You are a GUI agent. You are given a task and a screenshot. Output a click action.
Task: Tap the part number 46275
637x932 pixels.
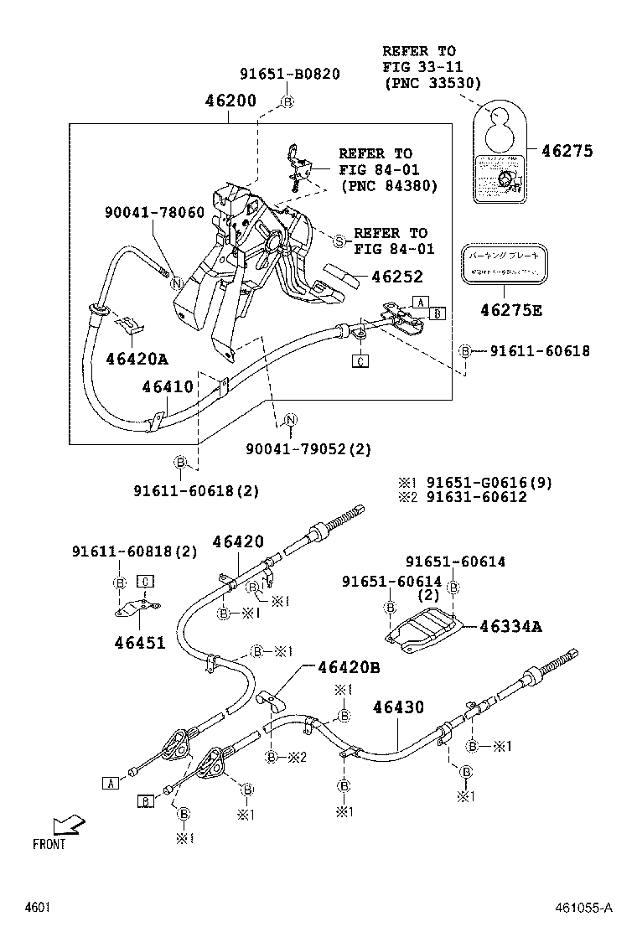pos(567,152)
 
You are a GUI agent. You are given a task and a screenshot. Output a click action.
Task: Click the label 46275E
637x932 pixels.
pos(510,311)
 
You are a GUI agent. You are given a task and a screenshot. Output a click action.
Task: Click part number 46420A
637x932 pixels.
pos(137,360)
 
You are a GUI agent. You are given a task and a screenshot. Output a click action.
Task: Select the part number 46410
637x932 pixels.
pos(167,387)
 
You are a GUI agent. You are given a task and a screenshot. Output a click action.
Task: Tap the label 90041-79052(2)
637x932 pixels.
pos(308,449)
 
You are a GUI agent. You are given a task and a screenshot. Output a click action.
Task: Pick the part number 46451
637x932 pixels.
pos(141,643)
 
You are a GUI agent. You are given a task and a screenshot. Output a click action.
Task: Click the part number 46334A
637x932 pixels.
pos(511,625)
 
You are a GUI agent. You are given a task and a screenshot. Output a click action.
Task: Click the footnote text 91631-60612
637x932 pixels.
pos(476,497)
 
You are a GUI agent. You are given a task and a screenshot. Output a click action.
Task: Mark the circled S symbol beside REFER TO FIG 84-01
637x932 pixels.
pos(339,241)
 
